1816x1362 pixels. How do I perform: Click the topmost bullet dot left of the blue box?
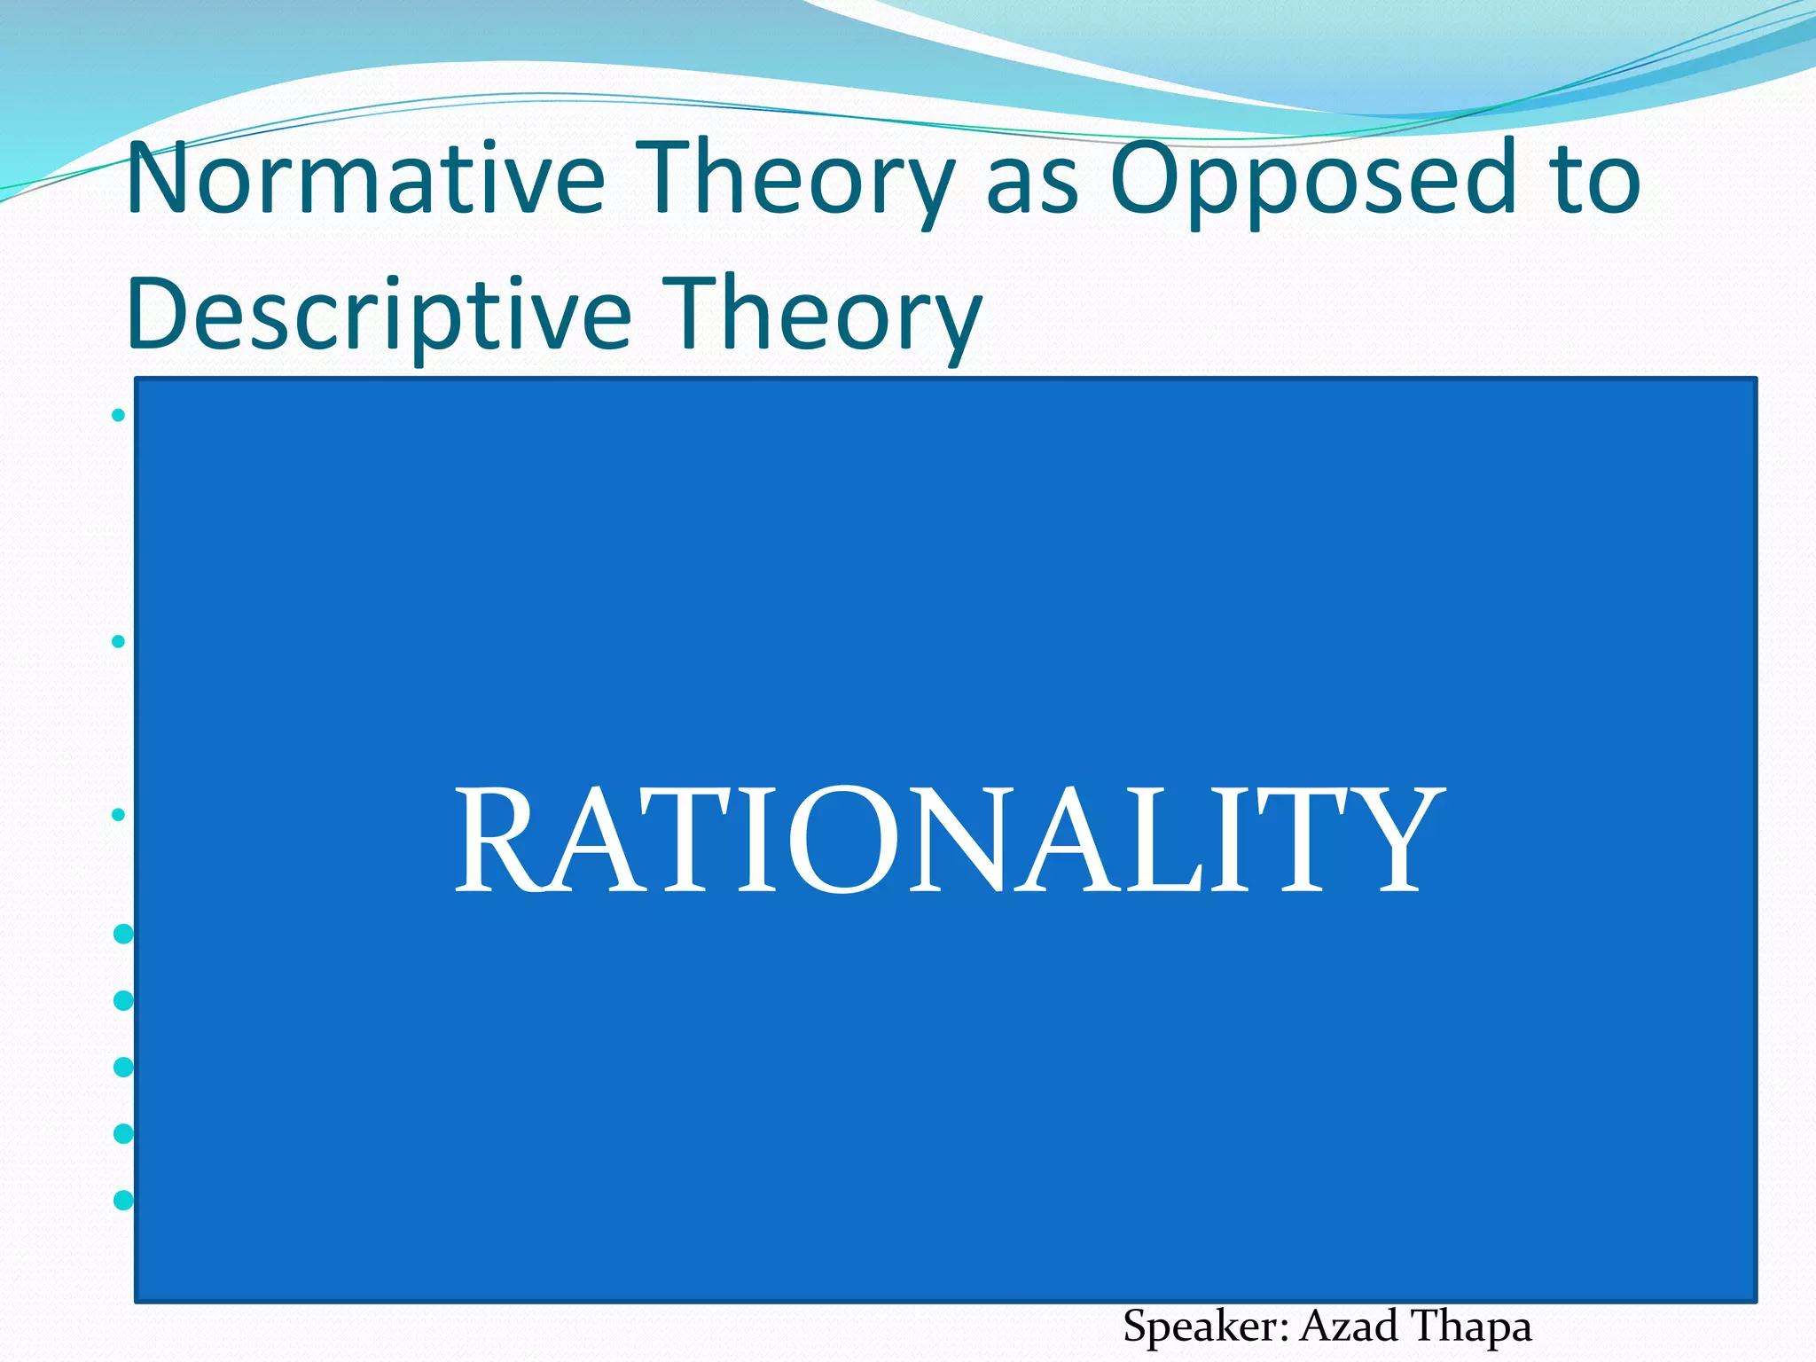click(119, 415)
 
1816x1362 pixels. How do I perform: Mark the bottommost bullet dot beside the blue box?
click(124, 1200)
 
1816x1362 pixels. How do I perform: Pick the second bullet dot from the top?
click(119, 641)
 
